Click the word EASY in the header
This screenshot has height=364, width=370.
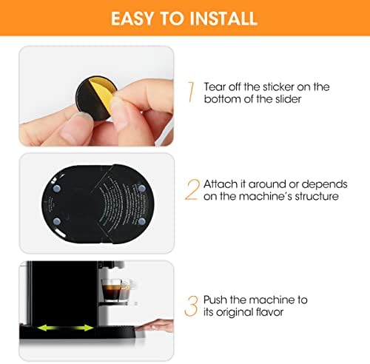[132, 18]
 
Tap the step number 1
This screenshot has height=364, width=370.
[191, 92]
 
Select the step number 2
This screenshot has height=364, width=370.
[192, 189]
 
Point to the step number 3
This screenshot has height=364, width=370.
[192, 306]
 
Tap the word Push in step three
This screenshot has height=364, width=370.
[215, 300]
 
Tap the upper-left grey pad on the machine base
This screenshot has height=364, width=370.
[57, 189]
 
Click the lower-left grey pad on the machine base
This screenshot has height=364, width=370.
[57, 221]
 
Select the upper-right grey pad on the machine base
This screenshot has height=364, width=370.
[142, 189]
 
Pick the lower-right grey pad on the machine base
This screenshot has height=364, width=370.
[142, 221]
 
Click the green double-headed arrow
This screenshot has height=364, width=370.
[65, 328]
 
